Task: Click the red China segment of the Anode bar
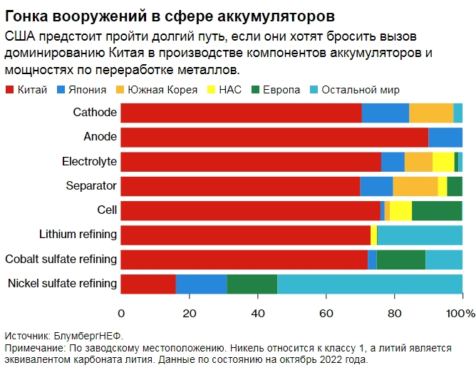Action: pos(274,137)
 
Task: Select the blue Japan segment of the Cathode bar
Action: pos(385,113)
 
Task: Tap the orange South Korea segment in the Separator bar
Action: pos(415,186)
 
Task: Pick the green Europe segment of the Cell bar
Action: pos(437,210)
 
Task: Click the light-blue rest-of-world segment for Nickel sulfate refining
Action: pos(369,284)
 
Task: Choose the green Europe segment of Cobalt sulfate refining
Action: pos(400,260)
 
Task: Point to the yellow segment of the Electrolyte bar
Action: pos(443,162)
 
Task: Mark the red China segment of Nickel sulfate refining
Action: pos(148,284)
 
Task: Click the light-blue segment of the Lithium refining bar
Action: pos(419,235)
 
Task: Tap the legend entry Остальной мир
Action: pos(353,90)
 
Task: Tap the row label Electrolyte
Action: pos(89,162)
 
